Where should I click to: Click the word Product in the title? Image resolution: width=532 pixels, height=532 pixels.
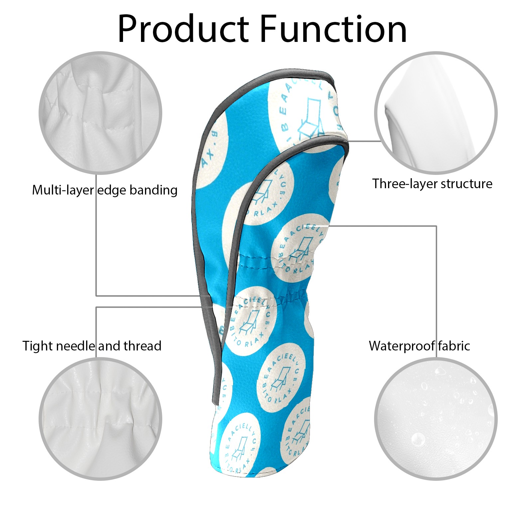click(x=183, y=29)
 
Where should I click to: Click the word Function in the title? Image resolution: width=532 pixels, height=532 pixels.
click(x=333, y=29)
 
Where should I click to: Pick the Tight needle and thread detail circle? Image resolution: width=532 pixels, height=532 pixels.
click(x=100, y=419)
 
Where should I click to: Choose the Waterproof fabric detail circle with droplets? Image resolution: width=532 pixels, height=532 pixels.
click(x=436, y=419)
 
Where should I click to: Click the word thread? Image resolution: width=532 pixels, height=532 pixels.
click(x=142, y=346)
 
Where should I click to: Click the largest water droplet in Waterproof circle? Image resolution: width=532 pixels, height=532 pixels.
click(x=418, y=440)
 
